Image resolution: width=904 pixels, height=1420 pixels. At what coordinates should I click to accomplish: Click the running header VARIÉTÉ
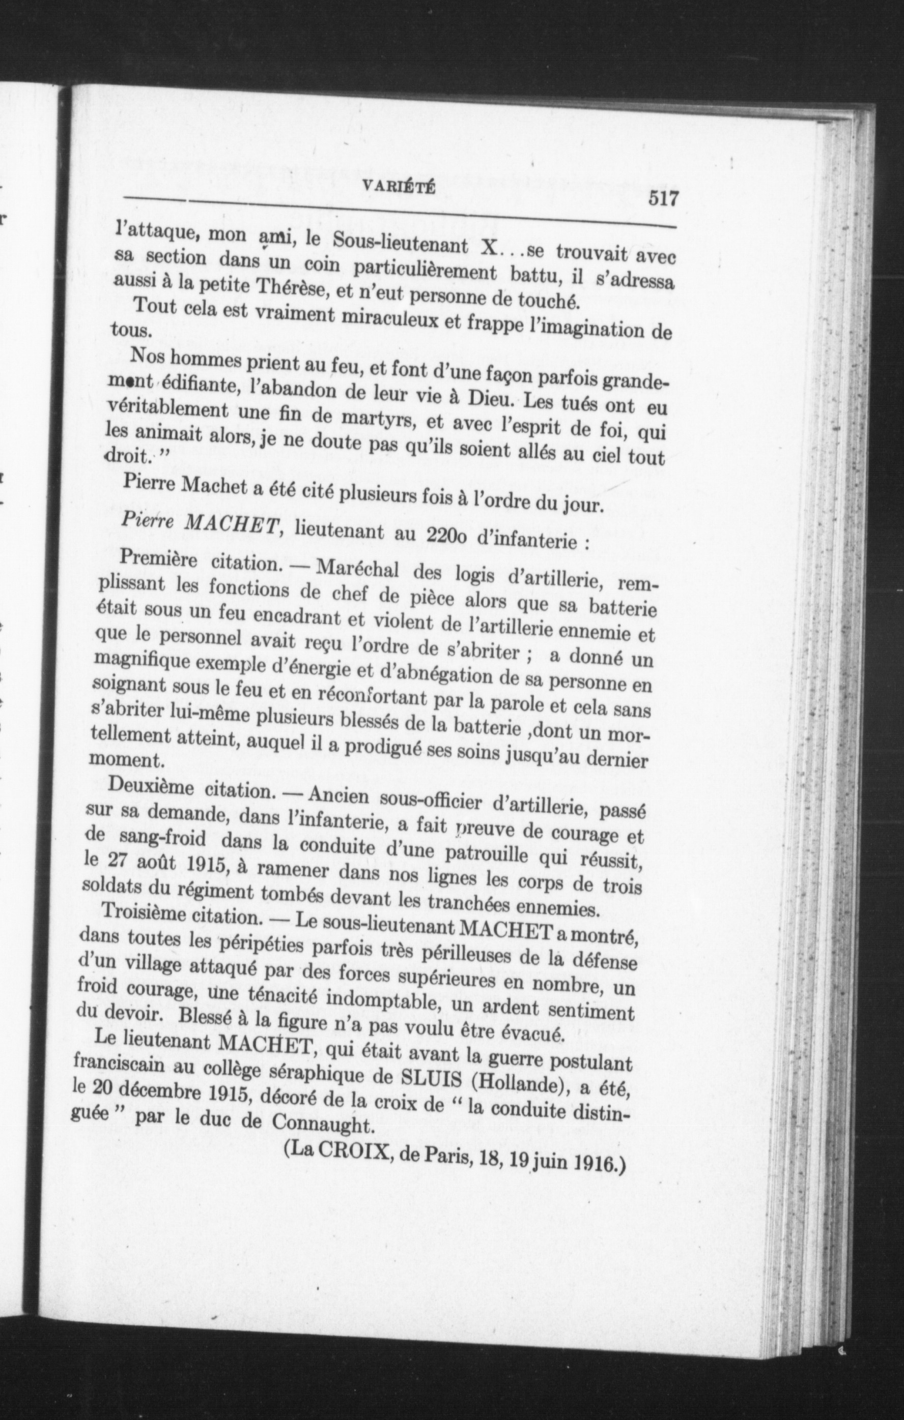(x=400, y=186)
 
